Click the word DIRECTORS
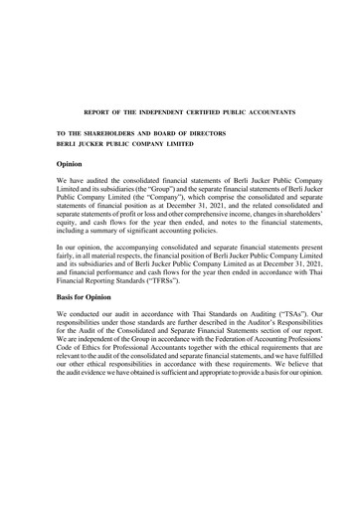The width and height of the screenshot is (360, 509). (x=206, y=133)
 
